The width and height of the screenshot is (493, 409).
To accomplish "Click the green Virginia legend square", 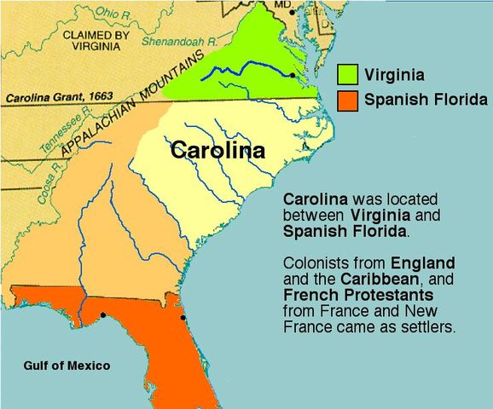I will pos(347,73).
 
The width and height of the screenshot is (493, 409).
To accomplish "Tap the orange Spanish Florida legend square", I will pos(347,100).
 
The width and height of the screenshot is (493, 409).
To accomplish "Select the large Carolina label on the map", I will pos(217,150).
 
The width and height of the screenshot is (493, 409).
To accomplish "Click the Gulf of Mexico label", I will pos(67,366).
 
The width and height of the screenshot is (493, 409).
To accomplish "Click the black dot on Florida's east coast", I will pos(183,320).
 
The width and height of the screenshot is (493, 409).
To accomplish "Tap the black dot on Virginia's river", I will pos(293,76).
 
